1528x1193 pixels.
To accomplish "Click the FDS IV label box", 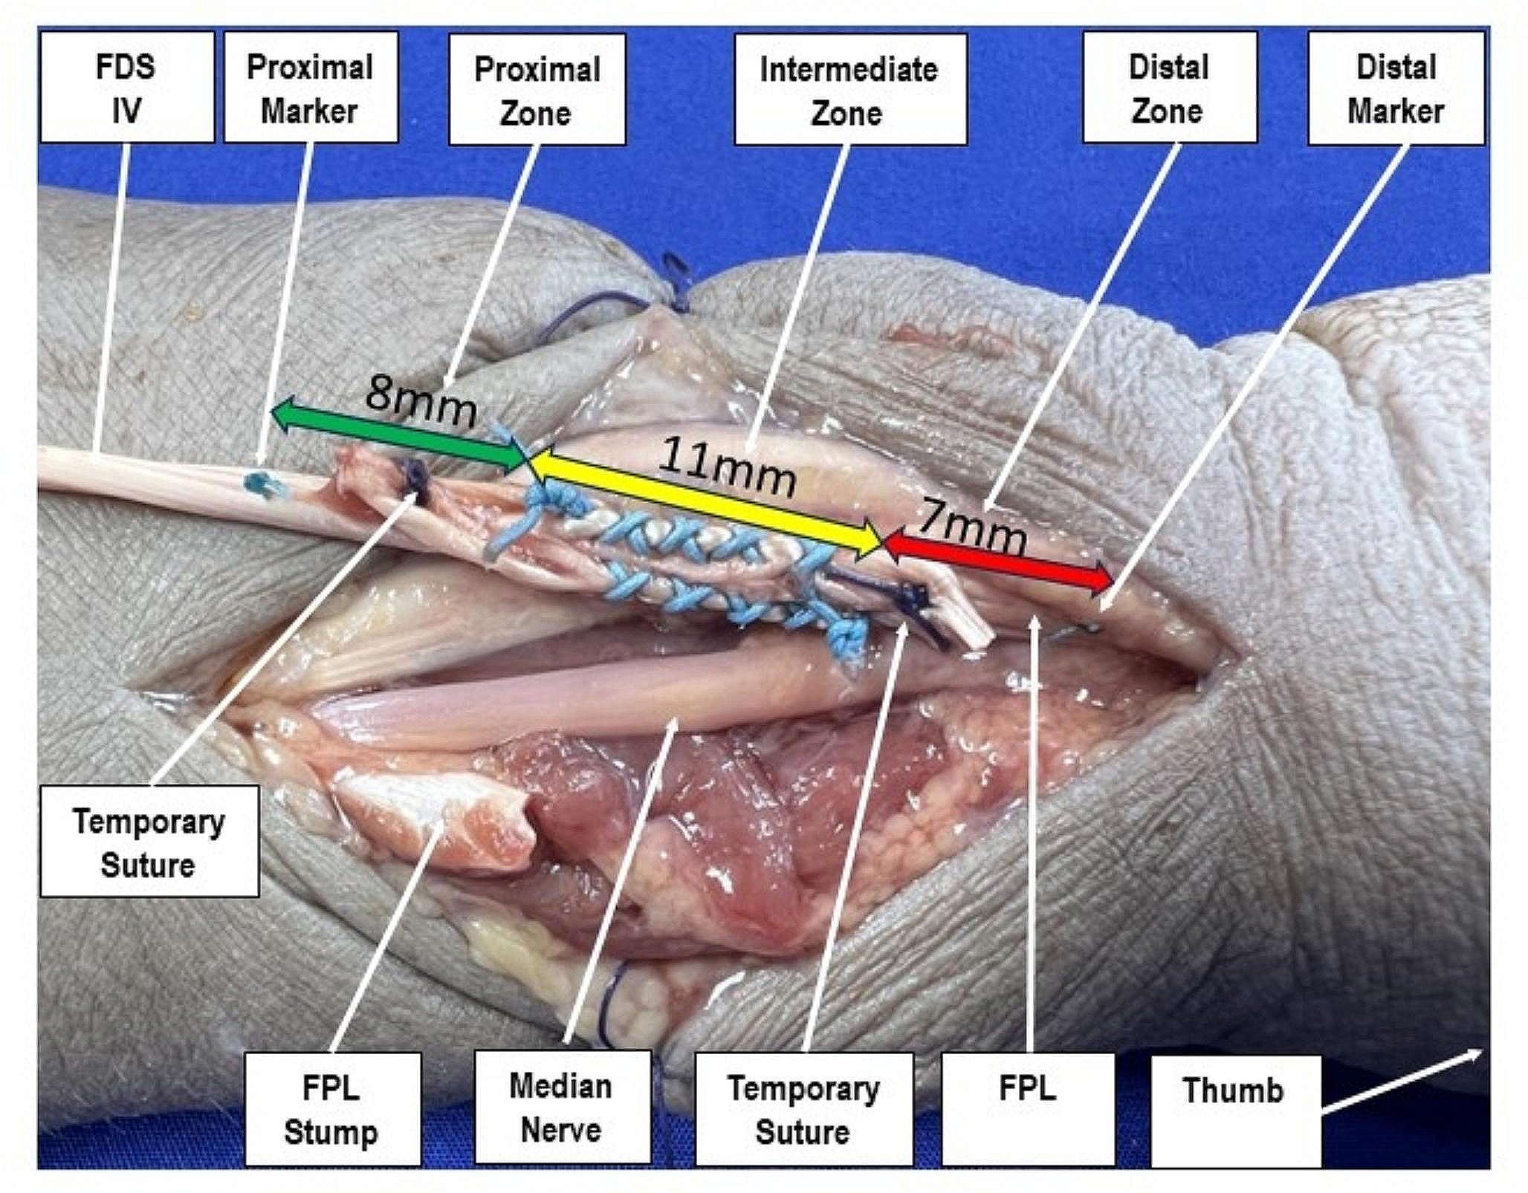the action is pyautogui.click(x=126, y=87).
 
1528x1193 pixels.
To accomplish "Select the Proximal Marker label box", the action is pyautogui.click(x=311, y=87).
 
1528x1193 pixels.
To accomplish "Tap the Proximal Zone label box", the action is pyautogui.click(x=537, y=89).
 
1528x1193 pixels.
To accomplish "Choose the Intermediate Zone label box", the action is pyautogui.click(x=849, y=89).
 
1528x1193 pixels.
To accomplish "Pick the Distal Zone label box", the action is pyautogui.click(x=1169, y=87).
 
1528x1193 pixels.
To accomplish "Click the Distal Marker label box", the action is pyautogui.click(x=1396, y=87).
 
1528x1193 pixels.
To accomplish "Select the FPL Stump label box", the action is pyautogui.click(x=332, y=1110).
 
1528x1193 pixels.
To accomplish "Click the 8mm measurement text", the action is pyautogui.click(x=421, y=403).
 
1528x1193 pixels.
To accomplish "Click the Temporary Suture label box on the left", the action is pyautogui.click(x=149, y=842).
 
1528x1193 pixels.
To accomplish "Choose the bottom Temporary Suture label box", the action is pyautogui.click(x=803, y=1110).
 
